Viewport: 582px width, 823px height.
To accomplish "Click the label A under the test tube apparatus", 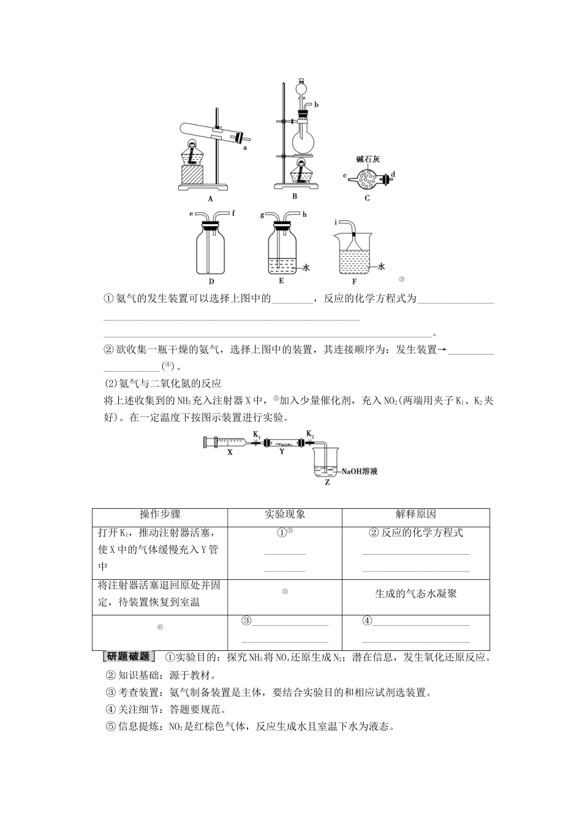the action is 210,198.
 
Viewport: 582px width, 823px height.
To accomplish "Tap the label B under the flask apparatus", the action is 294,197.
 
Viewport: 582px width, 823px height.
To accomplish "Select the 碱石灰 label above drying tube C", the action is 368,159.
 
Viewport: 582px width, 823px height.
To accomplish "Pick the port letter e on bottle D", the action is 191,214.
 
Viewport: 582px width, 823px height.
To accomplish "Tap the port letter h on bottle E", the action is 304,214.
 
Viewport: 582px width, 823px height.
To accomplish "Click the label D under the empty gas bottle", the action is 211,281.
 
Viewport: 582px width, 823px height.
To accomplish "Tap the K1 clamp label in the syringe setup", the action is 257,434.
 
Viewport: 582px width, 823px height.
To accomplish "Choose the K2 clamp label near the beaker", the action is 310,434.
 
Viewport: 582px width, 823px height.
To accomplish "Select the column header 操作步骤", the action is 160,515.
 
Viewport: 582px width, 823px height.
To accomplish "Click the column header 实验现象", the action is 284,515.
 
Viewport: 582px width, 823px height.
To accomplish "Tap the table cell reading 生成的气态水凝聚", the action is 415,593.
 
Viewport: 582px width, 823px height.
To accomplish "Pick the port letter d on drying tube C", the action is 393,175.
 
